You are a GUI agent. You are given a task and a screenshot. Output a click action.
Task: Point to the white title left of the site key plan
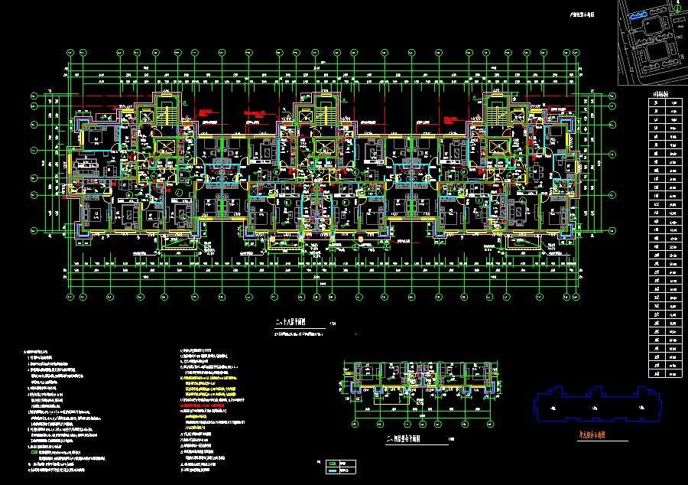coord(583,14)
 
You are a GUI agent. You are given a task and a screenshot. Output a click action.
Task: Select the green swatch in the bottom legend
coord(333,463)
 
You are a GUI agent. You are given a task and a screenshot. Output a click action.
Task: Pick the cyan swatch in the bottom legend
coord(333,470)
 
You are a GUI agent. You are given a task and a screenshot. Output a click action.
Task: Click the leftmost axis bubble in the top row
coord(70,52)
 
